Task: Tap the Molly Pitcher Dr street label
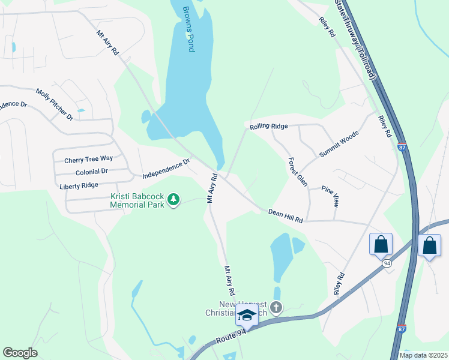pos(54,104)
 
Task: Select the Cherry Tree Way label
pos(88,159)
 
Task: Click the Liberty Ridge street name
pos(79,186)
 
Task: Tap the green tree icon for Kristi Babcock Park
pos(173,199)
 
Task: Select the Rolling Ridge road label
pos(269,126)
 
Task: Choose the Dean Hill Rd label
pos(286,216)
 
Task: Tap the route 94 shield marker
pos(387,263)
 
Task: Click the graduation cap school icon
pos(247,314)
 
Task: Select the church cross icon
pos(276,308)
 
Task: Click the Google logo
pos(20,352)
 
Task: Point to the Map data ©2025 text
pos(424,355)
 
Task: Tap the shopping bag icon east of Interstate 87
pos(429,245)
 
